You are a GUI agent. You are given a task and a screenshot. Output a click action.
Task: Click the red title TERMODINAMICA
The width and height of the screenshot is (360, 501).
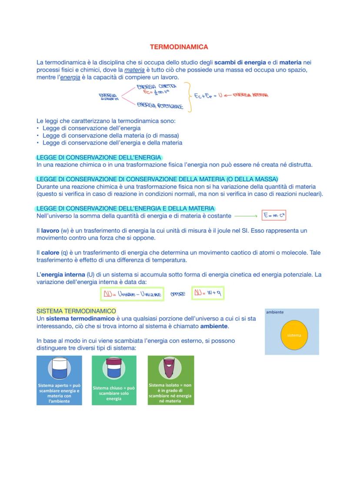click(x=179, y=47)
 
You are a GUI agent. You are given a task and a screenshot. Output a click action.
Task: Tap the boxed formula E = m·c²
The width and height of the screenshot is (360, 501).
click(x=274, y=216)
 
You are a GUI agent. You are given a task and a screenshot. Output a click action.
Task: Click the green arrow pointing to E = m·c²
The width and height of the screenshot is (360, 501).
click(x=246, y=216)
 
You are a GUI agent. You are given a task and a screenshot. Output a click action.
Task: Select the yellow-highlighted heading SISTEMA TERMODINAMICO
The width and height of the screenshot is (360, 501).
click(x=76, y=311)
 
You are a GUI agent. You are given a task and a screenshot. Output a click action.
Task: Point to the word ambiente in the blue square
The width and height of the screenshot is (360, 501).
click(x=275, y=312)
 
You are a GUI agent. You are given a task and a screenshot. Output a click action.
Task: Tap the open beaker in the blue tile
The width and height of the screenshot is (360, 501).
click(x=59, y=368)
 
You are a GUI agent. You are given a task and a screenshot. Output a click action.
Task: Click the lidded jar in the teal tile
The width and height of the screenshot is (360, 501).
click(x=113, y=367)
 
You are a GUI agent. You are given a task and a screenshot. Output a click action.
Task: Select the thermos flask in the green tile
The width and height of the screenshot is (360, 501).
click(x=170, y=368)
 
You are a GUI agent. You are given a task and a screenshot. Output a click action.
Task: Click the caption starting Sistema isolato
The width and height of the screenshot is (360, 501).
click(x=170, y=393)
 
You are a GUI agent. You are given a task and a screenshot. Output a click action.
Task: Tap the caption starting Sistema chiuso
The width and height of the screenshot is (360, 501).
click(x=113, y=393)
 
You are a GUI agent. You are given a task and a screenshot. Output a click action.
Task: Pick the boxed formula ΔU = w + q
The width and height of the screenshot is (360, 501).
click(x=208, y=294)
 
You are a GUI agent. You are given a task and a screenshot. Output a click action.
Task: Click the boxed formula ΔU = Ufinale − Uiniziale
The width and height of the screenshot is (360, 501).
click(x=132, y=294)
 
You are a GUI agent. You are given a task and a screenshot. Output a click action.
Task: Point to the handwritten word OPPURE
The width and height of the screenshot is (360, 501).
click(x=177, y=294)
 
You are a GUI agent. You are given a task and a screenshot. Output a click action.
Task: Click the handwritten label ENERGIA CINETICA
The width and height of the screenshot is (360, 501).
click(x=156, y=87)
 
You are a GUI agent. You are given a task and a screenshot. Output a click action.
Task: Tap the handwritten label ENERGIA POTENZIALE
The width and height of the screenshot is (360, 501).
click(x=160, y=105)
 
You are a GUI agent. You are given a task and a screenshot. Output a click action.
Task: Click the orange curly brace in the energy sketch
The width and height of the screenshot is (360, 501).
click(x=189, y=96)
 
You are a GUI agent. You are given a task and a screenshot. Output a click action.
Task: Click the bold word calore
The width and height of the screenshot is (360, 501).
click(x=50, y=253)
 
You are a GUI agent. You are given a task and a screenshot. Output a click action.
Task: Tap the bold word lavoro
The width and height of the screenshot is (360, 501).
click(x=50, y=230)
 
